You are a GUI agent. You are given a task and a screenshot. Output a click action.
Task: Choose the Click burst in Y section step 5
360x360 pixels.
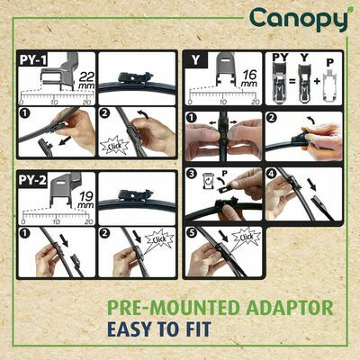(x=243, y=238)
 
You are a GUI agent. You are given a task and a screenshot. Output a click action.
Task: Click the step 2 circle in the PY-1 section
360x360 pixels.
(x=103, y=115)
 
